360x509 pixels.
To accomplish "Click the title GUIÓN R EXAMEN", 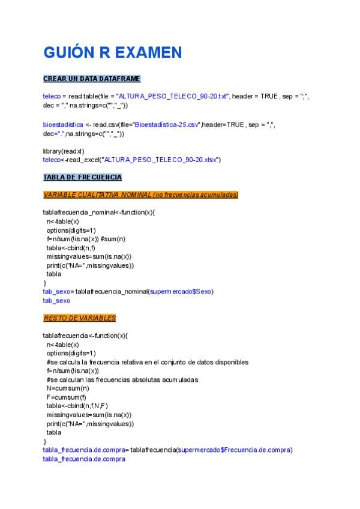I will coord(112,53).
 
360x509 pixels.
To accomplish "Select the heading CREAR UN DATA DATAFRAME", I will coord(91,79).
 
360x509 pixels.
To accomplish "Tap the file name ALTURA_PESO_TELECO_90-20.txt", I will coord(173,96).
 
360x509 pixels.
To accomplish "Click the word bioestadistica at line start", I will coord(63,125).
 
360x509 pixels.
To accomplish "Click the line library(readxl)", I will coord(63,151).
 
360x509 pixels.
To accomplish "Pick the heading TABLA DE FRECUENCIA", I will coord(82,177).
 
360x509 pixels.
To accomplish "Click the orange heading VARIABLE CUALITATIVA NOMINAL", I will coord(140,194).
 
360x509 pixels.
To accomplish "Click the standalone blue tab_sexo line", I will coord(56,300).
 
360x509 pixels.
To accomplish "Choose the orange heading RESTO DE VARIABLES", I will coord(79,318).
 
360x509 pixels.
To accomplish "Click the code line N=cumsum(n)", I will coord(68,388).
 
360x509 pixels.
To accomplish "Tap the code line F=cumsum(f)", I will coord(66,397).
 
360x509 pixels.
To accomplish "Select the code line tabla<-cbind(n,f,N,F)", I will coord(77,406).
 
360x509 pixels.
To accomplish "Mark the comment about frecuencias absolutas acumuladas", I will coord(122,379).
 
